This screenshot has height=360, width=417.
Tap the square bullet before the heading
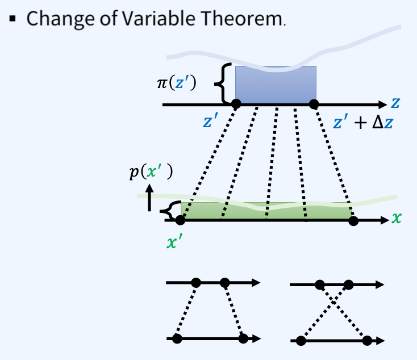point(12,19)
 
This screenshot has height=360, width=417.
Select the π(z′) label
point(177,83)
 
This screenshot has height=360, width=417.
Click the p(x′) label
point(151,172)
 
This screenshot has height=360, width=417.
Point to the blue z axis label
point(395,103)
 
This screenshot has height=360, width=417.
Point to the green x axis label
point(396,218)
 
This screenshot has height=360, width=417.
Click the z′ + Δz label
point(363,122)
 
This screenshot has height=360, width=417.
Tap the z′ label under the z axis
point(211,120)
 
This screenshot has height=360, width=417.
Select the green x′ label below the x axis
point(175,242)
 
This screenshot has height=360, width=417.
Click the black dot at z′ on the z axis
point(236,103)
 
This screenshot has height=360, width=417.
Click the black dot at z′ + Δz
point(314,104)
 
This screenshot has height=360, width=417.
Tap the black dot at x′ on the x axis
point(180,220)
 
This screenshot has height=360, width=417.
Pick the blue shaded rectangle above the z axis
point(276,85)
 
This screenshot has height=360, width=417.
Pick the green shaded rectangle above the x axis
point(266,211)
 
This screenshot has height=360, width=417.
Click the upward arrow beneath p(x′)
point(149,198)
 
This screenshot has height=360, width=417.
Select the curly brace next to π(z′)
point(223,83)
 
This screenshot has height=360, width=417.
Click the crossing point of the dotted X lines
point(333,302)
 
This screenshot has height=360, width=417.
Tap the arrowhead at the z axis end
point(383,104)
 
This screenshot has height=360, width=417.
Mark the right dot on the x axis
point(353,221)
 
